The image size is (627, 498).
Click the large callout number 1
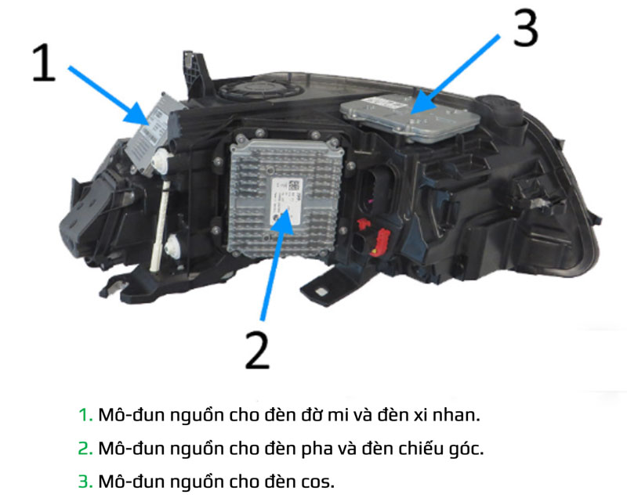point(44,64)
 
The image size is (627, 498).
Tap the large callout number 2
point(256,349)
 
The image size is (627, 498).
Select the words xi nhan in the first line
point(445,415)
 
